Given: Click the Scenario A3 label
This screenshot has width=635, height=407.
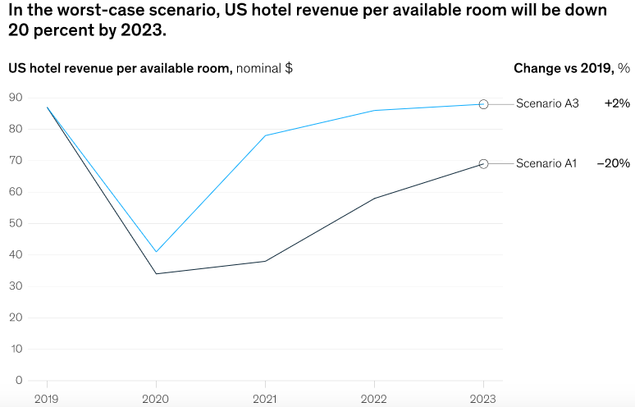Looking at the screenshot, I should pos(547,104).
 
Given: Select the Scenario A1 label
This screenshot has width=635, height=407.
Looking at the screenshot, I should pos(546,163).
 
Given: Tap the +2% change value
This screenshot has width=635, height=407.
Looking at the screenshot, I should pos(617,104).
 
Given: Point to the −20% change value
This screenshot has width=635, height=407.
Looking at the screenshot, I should pos(613,163).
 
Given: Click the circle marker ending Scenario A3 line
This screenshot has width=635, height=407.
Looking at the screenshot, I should pos(483,104).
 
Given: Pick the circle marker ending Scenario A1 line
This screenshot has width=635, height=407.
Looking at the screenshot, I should pos(483,164).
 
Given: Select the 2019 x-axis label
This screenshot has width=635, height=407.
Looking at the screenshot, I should pos(47,398).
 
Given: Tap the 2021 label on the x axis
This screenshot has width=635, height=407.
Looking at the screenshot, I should pos(265,398).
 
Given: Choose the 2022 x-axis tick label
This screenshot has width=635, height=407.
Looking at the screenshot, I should pos(374,398).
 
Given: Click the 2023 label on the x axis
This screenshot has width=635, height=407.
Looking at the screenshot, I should pos(483,398).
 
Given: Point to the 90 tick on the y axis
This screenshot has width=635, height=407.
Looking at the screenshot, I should pos(15,98).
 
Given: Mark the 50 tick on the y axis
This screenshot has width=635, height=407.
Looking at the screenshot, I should pos(15,223).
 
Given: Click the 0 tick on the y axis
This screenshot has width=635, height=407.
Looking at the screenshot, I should pos(18,380).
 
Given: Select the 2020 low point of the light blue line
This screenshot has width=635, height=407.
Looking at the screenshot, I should pos(156,252).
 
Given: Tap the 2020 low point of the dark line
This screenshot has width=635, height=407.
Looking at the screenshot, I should pos(156,273).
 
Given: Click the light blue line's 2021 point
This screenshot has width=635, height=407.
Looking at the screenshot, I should pos(265,135).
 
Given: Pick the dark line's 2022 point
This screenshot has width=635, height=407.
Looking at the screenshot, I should pos(374,199).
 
